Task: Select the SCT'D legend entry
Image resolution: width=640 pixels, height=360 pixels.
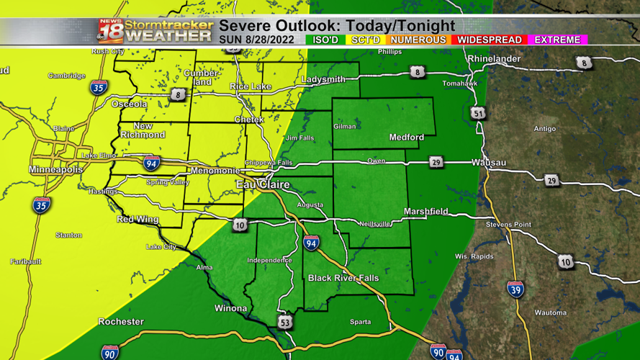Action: tap(366, 40)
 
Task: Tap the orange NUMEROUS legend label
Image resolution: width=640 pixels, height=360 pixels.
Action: tap(418, 40)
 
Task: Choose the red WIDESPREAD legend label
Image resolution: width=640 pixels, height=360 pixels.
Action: tap(489, 40)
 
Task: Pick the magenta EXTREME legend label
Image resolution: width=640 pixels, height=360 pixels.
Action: tap(558, 40)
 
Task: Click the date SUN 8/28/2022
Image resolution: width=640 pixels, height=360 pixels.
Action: tap(257, 40)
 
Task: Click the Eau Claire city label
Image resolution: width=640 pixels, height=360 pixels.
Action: tap(263, 185)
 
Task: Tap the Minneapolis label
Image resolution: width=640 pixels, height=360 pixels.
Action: tap(55, 169)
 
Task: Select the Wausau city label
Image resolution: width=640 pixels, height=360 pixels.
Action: tap(489, 163)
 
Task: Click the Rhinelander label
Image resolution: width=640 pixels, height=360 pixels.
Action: tap(493, 58)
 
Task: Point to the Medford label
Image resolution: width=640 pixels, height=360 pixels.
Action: tap(407, 137)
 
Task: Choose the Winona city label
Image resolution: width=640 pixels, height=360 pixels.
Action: tap(231, 308)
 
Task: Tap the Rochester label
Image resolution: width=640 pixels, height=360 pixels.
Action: tap(121, 321)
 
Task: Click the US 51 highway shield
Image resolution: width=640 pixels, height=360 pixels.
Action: tap(478, 114)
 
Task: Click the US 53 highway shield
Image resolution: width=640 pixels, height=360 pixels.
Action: tap(285, 323)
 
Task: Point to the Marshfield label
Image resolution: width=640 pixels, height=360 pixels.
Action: tap(425, 212)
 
